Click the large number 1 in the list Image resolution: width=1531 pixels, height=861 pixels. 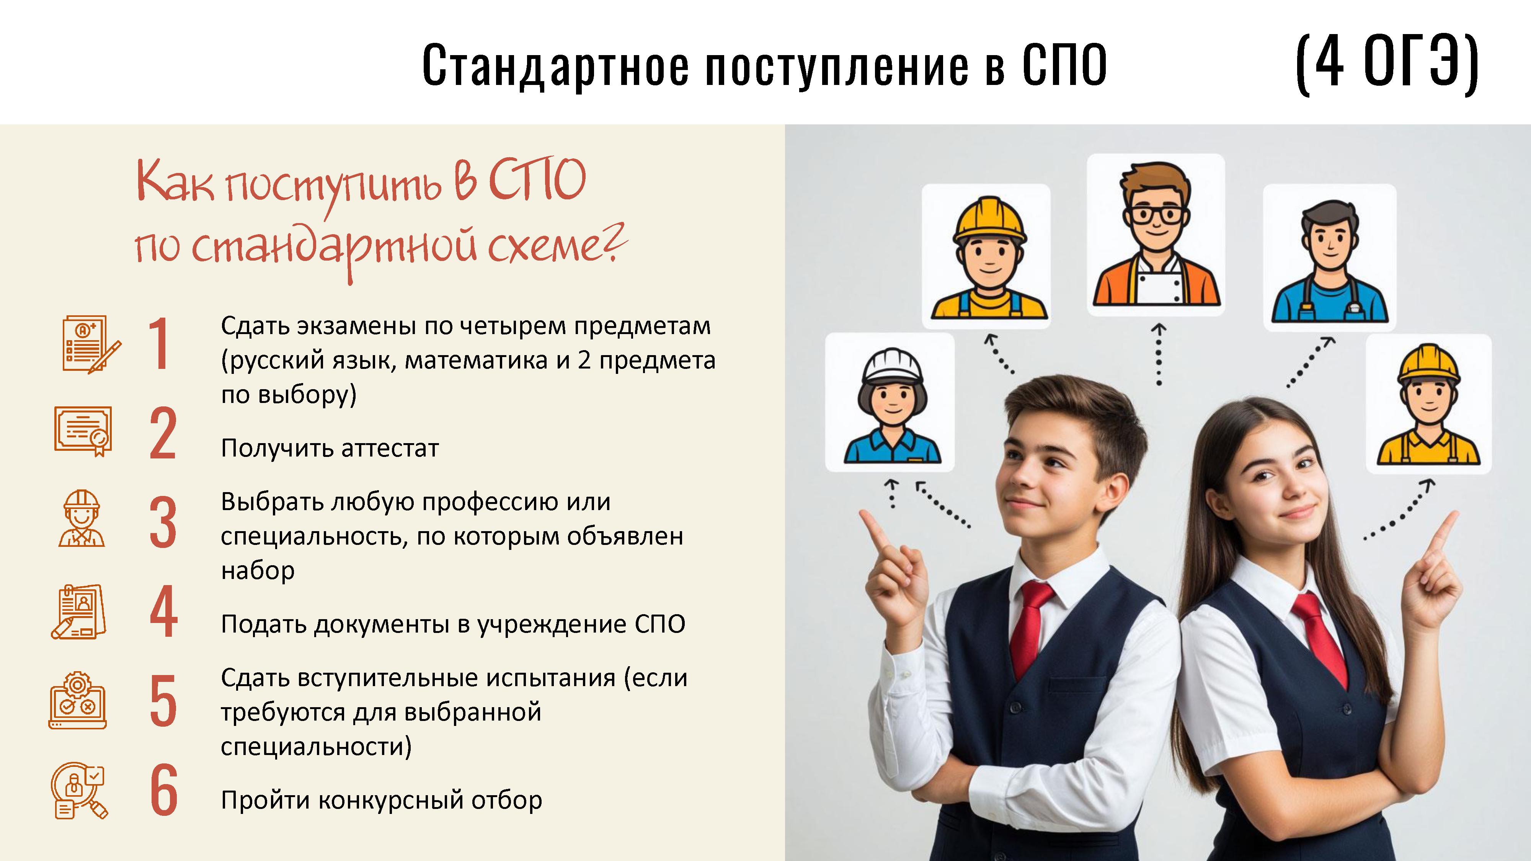pos(159,344)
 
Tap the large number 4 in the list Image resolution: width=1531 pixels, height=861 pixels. pos(163,612)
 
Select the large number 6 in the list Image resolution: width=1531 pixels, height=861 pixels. pos(163,790)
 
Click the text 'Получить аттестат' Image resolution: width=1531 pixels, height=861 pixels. pos(330,448)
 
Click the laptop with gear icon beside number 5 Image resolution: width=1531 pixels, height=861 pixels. pos(77,701)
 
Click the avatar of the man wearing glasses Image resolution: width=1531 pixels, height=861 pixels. pos(1156,235)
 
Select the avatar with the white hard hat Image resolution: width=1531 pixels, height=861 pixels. pos(890,402)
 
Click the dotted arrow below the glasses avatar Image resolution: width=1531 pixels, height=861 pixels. pos(1158,354)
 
